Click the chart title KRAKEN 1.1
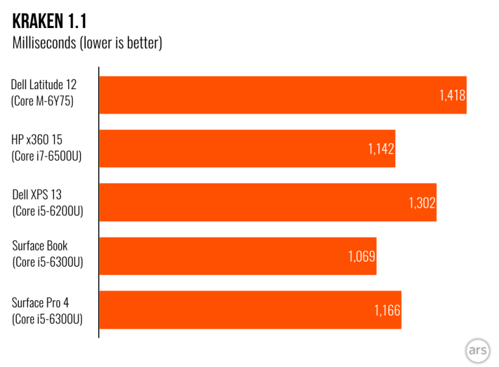tap(49, 21)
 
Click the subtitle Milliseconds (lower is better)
tap(87, 44)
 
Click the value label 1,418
tap(452, 96)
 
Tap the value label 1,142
tap(381, 149)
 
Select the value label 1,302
tap(422, 202)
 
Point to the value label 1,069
tap(361, 256)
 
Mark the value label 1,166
tap(387, 310)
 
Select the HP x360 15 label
tap(37, 139)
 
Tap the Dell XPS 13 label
tap(37, 193)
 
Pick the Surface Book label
tap(40, 246)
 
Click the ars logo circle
tap(478, 351)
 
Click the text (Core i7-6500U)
tap(47, 156)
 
